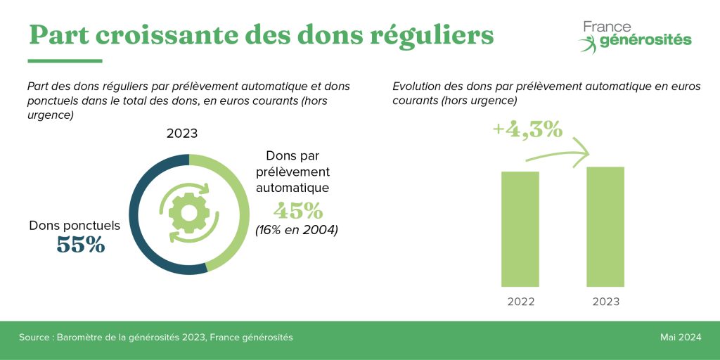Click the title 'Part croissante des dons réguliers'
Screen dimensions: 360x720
tap(260, 34)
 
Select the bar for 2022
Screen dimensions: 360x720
tap(520, 229)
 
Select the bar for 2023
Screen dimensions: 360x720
tap(605, 226)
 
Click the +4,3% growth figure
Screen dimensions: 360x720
tap(527, 130)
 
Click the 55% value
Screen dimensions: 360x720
tap(80, 245)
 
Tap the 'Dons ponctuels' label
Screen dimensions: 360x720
tap(75, 226)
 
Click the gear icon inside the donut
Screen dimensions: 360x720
tap(189, 213)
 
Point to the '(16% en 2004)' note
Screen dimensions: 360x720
tap(297, 229)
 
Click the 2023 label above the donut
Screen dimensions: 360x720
tap(182, 134)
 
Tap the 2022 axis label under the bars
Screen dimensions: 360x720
tap(520, 302)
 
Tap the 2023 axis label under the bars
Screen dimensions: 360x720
tap(605, 302)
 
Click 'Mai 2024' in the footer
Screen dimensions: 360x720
tap(680, 338)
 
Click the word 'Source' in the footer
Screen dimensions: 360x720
tap(34, 338)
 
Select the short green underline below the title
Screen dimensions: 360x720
tap(65, 61)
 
